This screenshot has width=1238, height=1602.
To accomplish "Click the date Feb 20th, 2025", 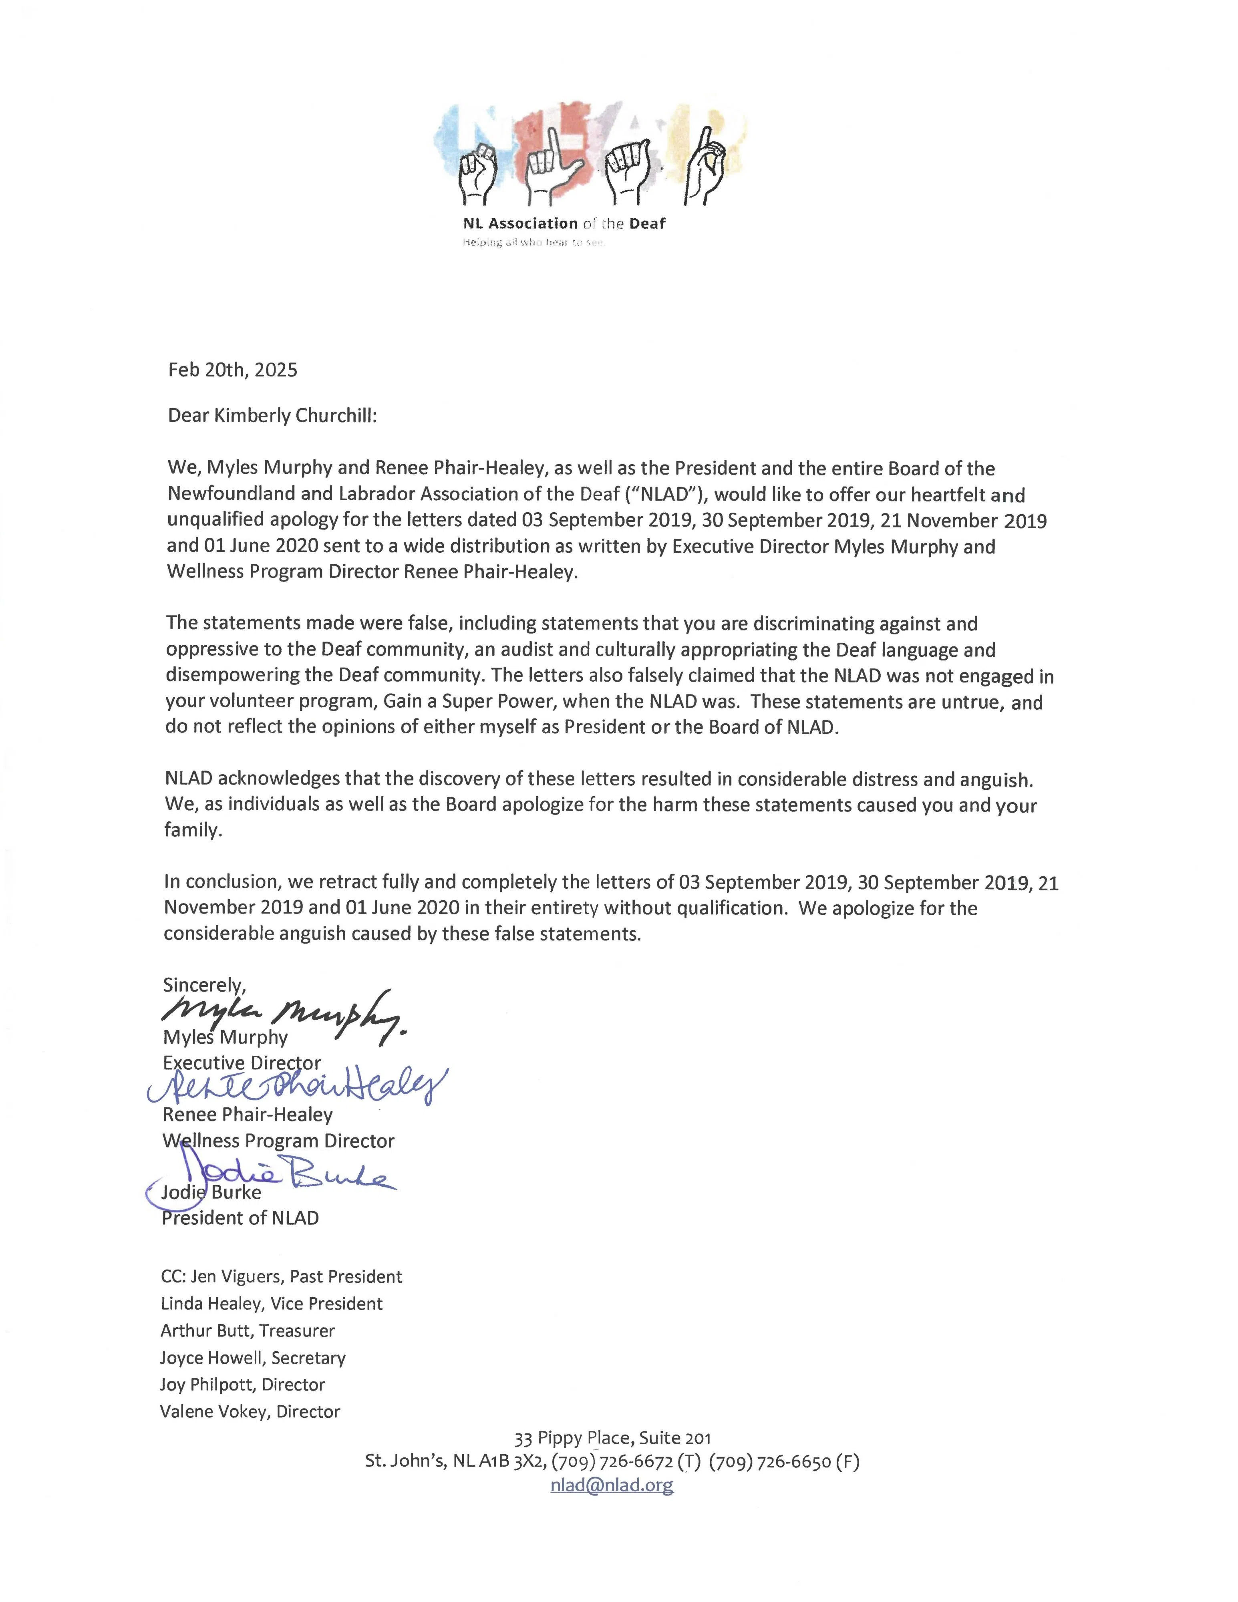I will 232,370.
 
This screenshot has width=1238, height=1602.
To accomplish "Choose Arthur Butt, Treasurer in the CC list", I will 247,1330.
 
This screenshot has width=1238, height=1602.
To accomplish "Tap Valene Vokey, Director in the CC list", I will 250,1411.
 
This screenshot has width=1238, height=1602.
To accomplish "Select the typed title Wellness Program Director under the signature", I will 278,1141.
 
